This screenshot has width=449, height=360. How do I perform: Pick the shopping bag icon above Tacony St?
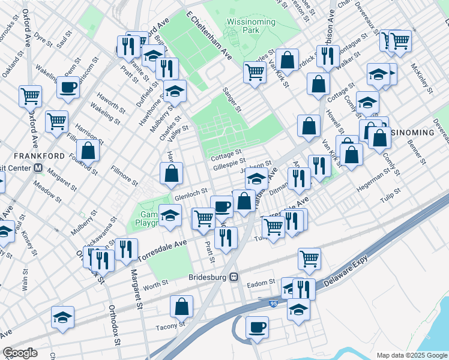pyautogui.click(x=181, y=307)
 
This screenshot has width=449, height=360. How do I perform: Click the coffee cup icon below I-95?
pyautogui.click(x=257, y=327)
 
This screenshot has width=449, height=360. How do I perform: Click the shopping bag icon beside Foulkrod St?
pyautogui.click(x=88, y=151)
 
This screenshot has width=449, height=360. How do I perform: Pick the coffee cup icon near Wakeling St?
pyautogui.click(x=68, y=87)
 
